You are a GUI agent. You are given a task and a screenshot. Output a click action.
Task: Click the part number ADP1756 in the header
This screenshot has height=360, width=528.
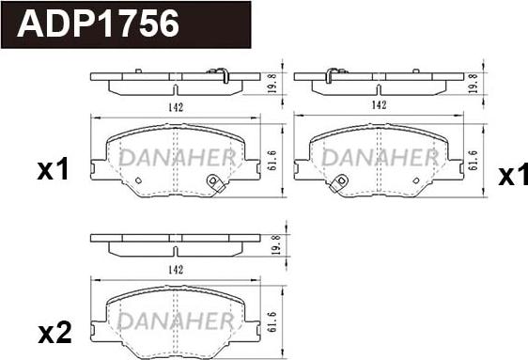(98, 23)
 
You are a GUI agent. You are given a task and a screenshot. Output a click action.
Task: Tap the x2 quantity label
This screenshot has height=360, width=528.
(54, 332)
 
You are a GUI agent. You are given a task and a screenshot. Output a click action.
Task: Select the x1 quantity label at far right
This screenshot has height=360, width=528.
(513, 175)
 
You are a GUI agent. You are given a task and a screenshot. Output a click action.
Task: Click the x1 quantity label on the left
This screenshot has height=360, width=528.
(54, 169)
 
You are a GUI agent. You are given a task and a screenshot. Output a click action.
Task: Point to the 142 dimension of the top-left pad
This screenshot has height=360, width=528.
(176, 107)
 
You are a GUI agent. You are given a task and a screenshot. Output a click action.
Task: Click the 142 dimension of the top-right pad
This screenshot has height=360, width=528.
(379, 105)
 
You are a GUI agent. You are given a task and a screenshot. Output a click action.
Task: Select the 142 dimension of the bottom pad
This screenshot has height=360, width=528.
(176, 270)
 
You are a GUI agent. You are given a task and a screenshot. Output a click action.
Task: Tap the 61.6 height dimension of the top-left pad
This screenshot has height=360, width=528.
(272, 160)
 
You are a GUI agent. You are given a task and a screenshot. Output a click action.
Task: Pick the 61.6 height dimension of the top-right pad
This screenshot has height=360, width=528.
(474, 160)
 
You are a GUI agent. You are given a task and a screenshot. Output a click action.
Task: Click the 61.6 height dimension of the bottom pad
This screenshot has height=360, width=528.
(272, 322)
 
